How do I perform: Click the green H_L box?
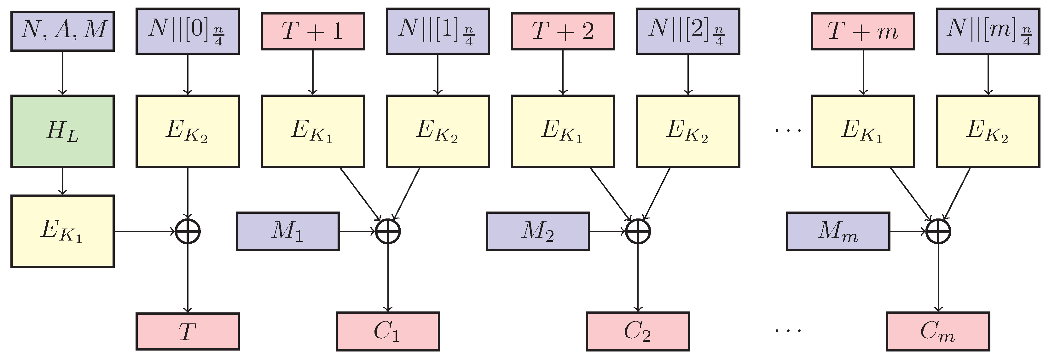point(62,131)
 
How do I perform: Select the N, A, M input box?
point(62,31)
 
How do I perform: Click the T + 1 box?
point(312,31)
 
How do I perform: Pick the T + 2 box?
point(563,31)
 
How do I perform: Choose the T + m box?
point(863,31)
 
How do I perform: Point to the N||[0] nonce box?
point(187,31)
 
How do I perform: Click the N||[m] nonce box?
point(988,31)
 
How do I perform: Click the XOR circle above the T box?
point(187,232)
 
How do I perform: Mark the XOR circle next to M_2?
point(638,232)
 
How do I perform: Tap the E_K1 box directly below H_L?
point(62,231)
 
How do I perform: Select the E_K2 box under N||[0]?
point(187,131)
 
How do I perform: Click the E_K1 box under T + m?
point(863,131)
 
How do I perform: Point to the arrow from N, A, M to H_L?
point(62,73)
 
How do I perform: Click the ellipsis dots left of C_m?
point(788,330)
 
